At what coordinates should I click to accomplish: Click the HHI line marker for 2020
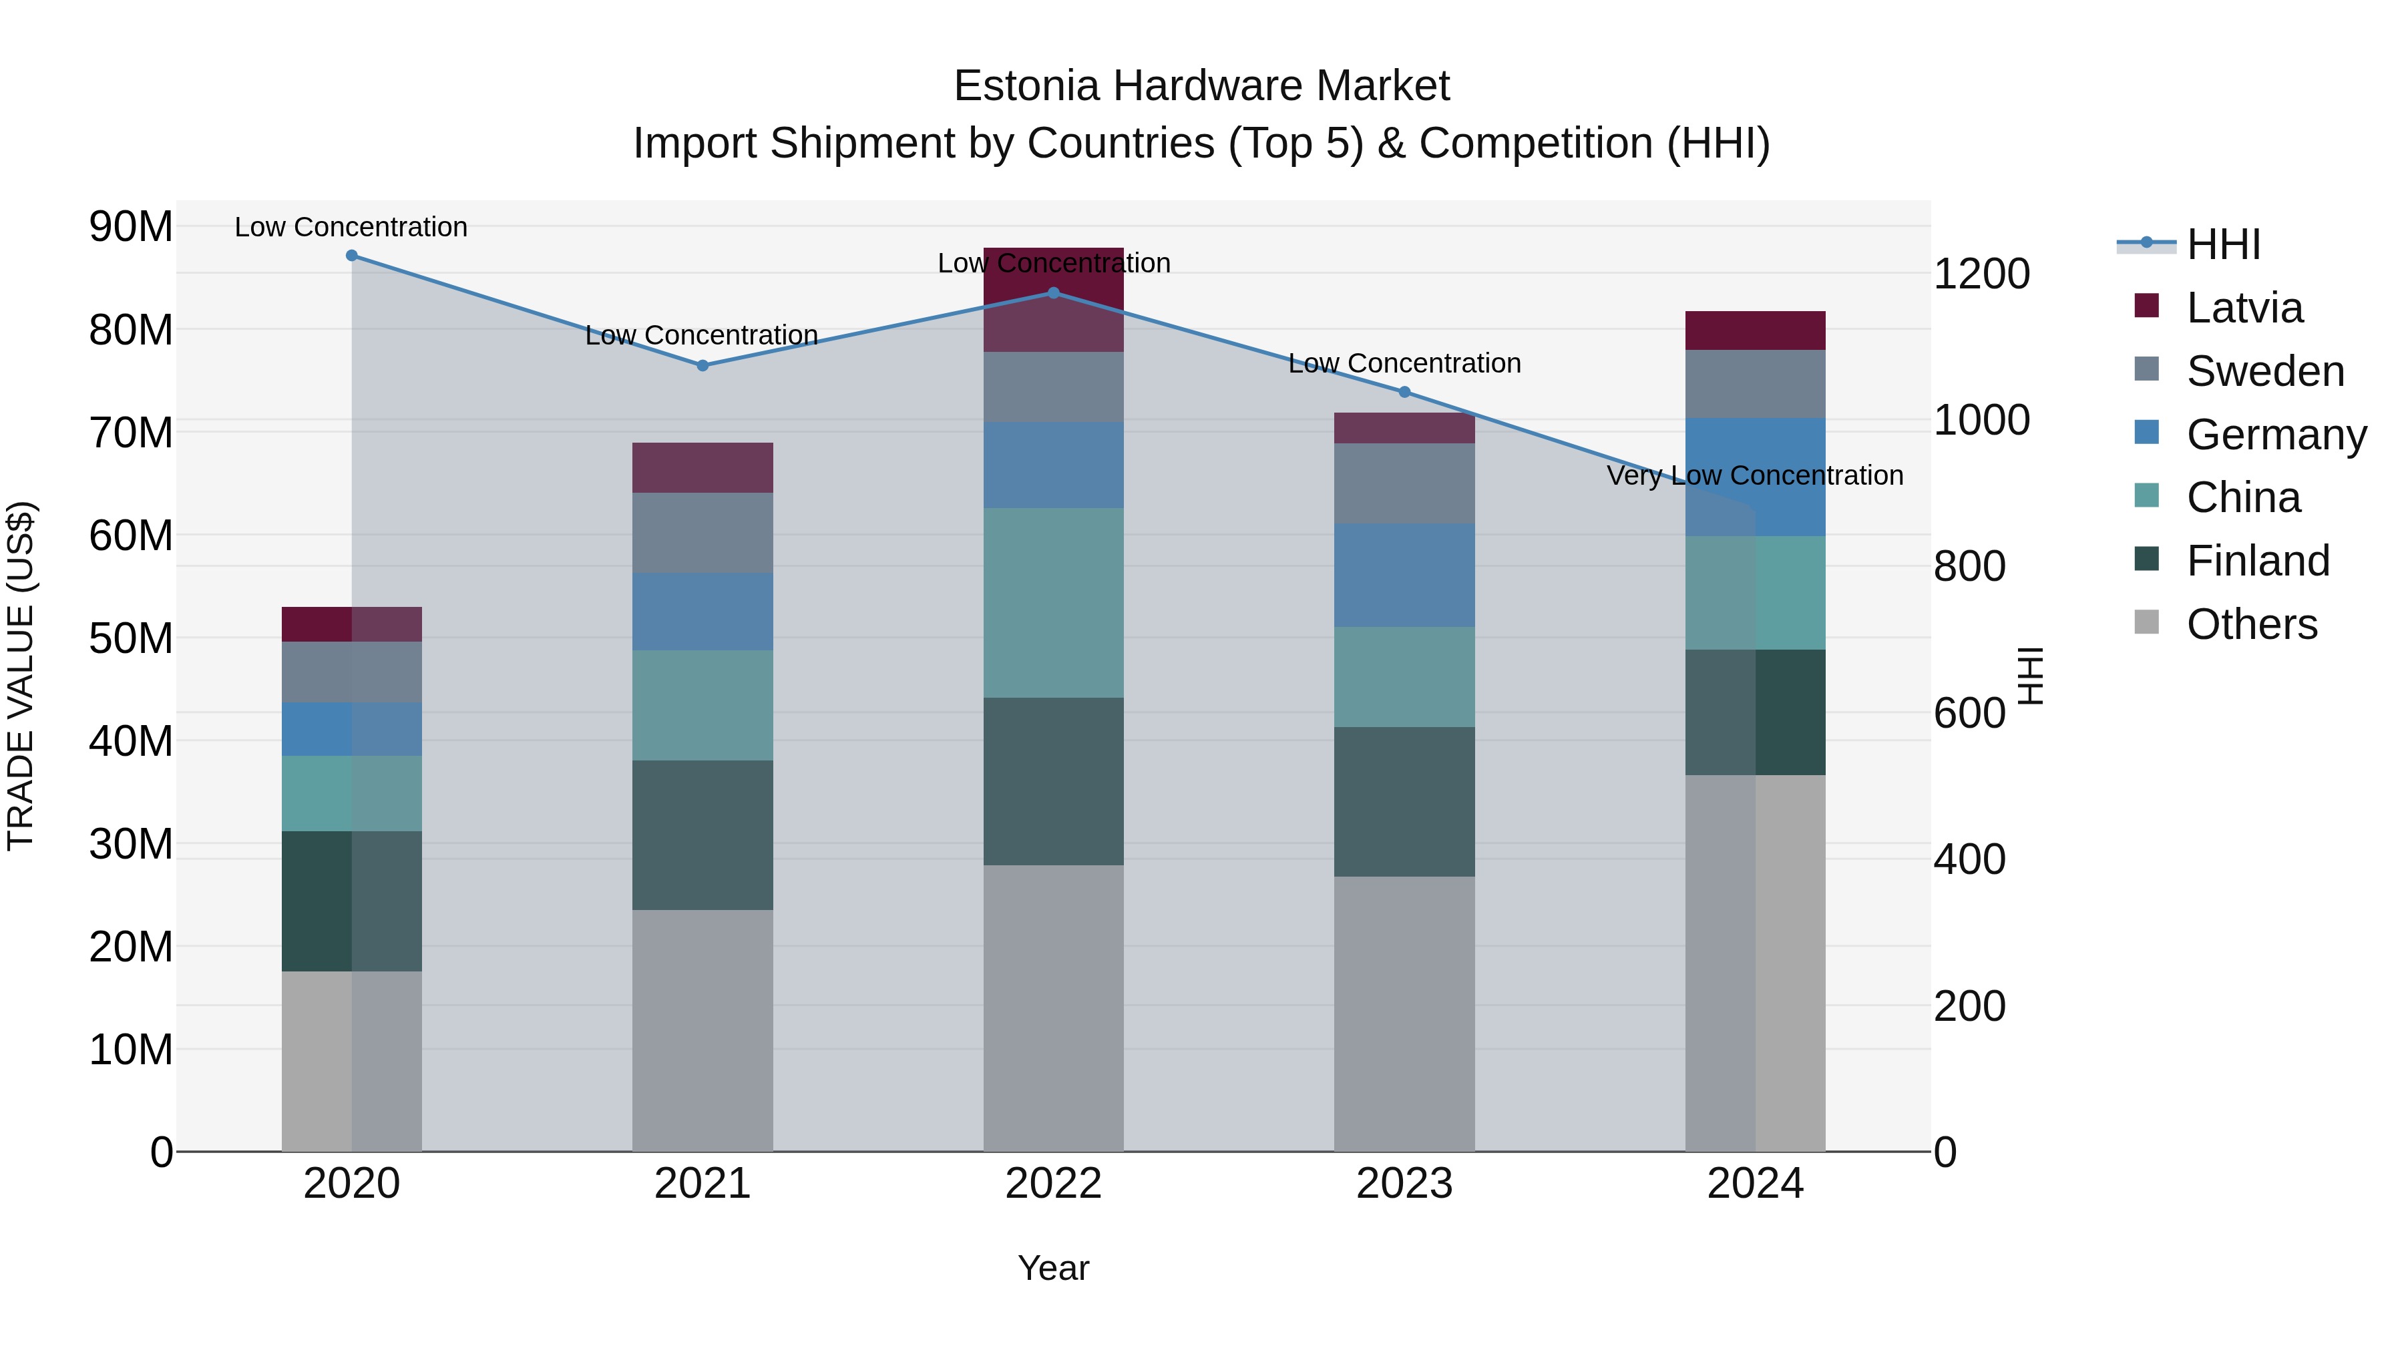click(352, 256)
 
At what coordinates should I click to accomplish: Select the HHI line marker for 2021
click(703, 366)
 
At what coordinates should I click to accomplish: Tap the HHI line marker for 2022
click(1054, 293)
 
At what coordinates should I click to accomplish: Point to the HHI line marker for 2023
click(1404, 392)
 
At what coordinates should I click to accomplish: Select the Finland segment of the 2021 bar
click(703, 835)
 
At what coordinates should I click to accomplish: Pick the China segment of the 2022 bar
click(1054, 603)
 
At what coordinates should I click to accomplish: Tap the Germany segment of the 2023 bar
click(1404, 575)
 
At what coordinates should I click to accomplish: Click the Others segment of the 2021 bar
click(703, 1030)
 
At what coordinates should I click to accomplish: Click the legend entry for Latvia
click(2244, 308)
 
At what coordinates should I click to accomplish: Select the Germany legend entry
click(2275, 435)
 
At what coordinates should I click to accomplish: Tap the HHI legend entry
click(2223, 244)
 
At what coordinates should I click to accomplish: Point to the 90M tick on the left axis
click(131, 227)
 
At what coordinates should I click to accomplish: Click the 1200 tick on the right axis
click(1981, 274)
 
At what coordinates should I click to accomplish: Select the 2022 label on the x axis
click(1054, 1184)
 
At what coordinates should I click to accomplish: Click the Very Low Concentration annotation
click(1754, 476)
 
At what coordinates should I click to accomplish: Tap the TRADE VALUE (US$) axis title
click(21, 676)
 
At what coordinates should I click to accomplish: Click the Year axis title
click(1054, 1268)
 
